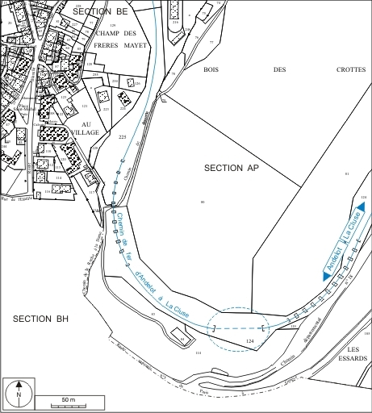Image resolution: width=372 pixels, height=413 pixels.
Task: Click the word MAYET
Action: pos(135,45)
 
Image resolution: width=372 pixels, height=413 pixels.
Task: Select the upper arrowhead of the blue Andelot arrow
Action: pos(361,208)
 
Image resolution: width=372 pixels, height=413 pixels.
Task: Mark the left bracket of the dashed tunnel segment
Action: pos(215,327)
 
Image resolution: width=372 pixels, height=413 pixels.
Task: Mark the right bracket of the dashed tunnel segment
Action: pos(263,327)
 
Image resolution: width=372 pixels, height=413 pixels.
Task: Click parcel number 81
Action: pos(346,174)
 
